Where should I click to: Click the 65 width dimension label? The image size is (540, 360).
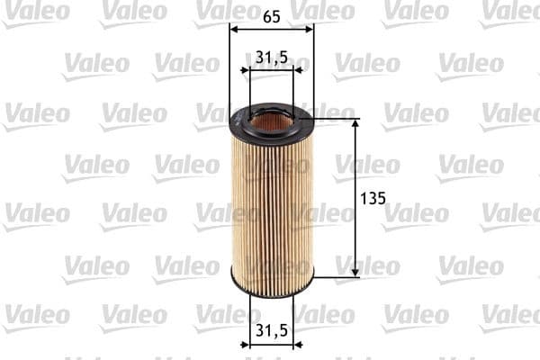(x=272, y=15)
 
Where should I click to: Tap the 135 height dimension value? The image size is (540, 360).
(x=372, y=197)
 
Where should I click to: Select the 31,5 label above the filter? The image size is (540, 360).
(x=271, y=57)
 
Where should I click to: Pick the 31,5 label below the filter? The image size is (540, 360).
(x=271, y=330)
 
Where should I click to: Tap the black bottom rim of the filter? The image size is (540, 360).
(x=272, y=289)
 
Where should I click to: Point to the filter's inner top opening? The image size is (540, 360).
(x=271, y=117)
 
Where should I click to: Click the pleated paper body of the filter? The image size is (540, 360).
(x=272, y=207)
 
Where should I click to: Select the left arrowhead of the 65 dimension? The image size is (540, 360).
(x=235, y=29)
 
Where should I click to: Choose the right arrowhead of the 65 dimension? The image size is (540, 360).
(x=310, y=29)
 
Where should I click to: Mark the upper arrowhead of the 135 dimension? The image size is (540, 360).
(x=355, y=123)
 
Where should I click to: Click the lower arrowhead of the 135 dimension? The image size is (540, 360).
(x=355, y=272)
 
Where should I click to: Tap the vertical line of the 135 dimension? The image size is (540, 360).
(x=355, y=198)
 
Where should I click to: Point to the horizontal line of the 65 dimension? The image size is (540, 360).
(x=272, y=29)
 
